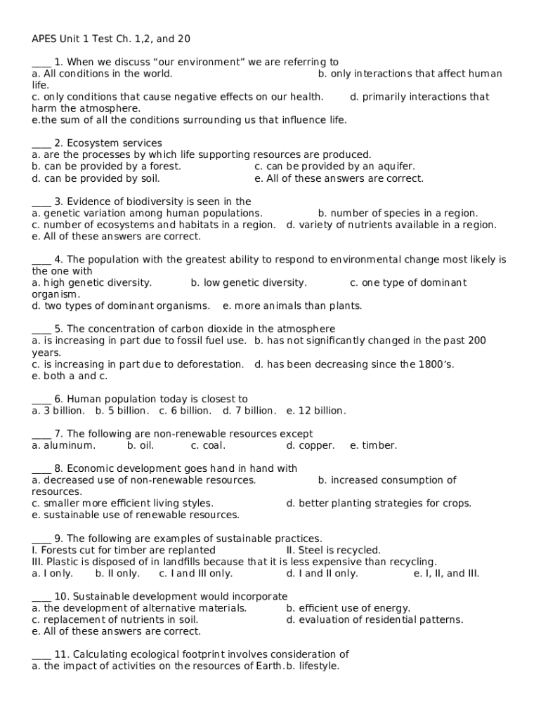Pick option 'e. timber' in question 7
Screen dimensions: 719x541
[373, 446]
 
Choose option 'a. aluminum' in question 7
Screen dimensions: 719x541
[63, 446]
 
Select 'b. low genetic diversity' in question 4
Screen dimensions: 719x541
[249, 283]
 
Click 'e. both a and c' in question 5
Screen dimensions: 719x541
[70, 376]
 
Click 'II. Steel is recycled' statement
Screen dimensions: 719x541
[333, 550]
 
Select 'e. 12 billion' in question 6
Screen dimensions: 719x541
[316, 411]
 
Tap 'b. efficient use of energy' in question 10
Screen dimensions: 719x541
[348, 608]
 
